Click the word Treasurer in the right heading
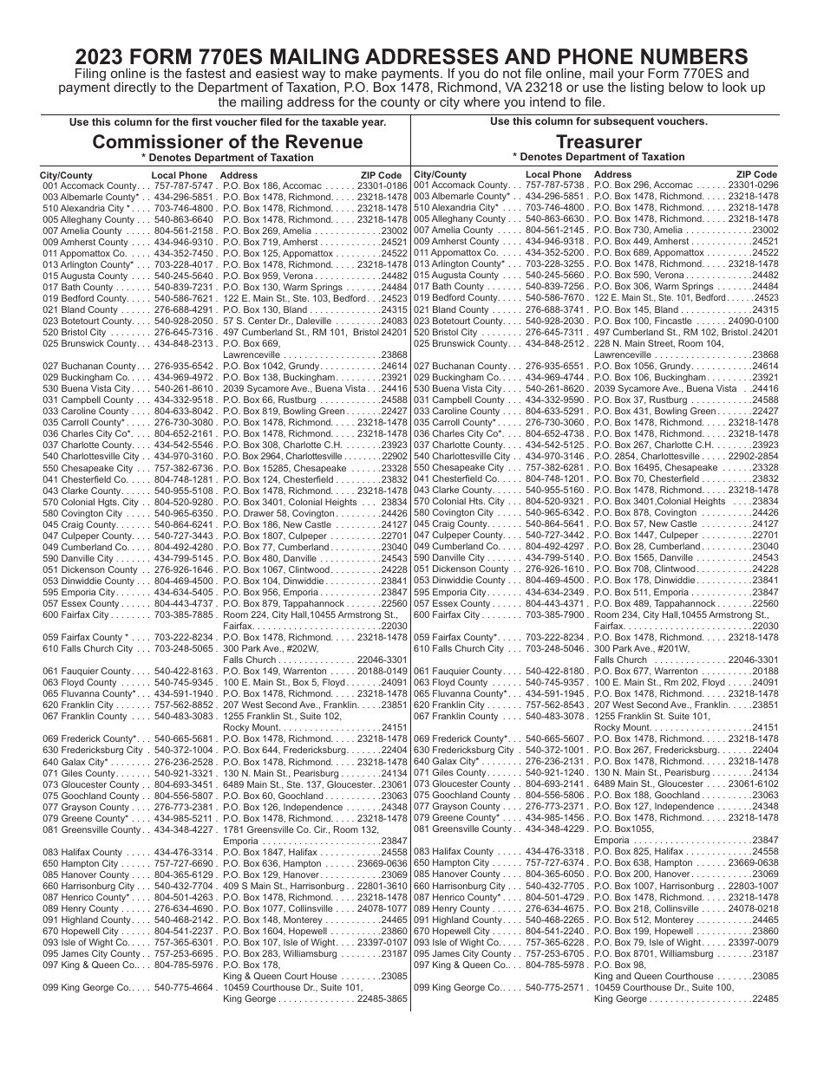click(x=598, y=141)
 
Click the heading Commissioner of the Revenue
click(x=227, y=141)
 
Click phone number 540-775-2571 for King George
click(x=555, y=987)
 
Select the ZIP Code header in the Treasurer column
click(x=756, y=174)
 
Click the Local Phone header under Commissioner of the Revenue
click(x=180, y=175)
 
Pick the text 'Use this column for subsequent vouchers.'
click(x=598, y=121)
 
